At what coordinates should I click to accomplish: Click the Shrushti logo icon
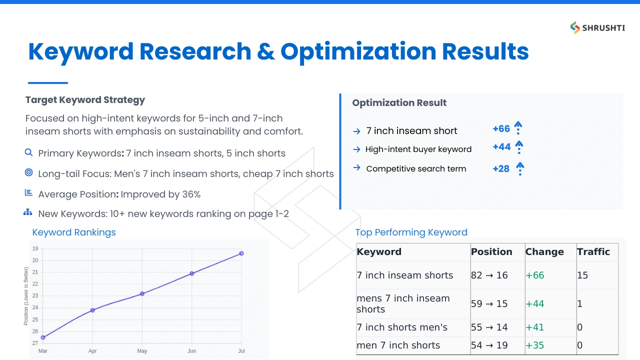575,27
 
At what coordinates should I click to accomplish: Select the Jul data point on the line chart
241,253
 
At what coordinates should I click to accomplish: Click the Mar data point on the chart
43,337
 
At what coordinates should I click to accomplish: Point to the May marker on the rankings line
142,293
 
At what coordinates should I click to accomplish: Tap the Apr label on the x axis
92,351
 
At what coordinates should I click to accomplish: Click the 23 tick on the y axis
35,295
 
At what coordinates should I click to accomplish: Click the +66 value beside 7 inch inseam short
501,129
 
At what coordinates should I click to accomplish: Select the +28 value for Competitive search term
501,169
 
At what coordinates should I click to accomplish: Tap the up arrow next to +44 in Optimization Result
519,147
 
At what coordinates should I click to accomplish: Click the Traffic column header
593,251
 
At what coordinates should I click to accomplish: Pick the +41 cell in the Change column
535,327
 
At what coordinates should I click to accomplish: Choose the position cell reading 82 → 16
489,275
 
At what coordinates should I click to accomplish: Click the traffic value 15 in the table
582,275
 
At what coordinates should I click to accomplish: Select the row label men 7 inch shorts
398,345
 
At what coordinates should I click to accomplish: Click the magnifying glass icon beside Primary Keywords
28,152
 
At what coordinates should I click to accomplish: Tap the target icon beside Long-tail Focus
28,172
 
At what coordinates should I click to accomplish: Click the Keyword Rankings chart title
74,232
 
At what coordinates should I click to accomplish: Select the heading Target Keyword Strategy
85,100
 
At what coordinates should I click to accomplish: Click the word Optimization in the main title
358,52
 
